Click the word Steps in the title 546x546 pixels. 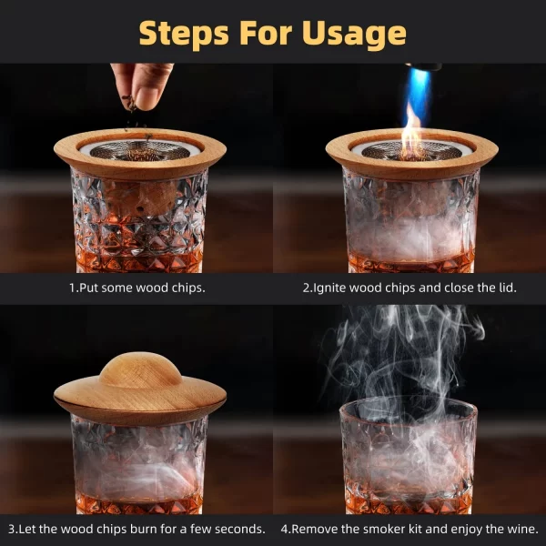(x=184, y=34)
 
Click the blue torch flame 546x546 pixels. (x=418, y=94)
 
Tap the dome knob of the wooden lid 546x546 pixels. (x=140, y=370)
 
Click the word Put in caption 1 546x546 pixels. (x=89, y=288)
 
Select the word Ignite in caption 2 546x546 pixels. (x=330, y=288)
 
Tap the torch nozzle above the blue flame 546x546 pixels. (x=423, y=66)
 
